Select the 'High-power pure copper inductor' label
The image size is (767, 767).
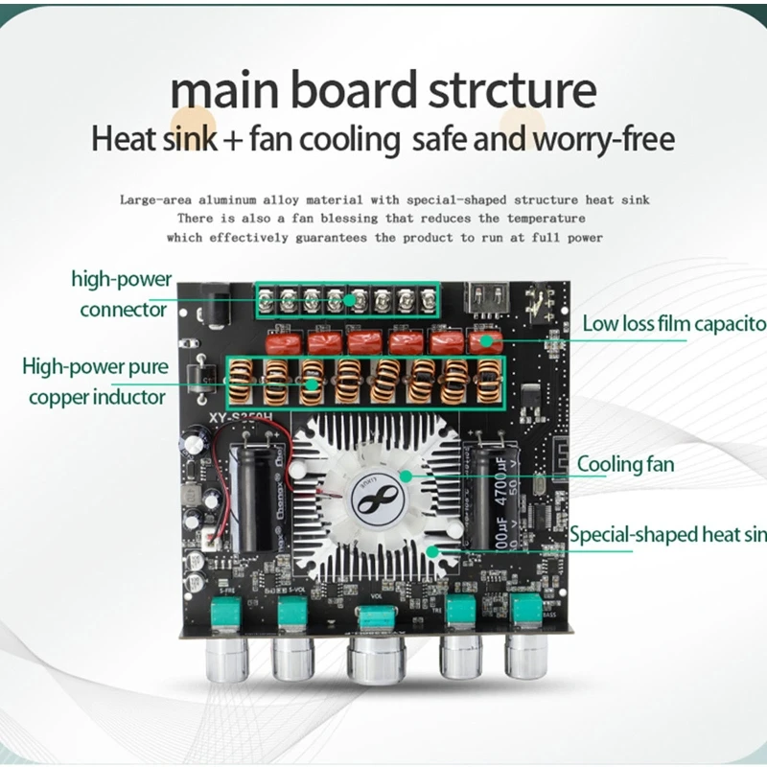96,381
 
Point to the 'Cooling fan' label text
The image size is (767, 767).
625,465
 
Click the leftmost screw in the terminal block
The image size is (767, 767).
266,302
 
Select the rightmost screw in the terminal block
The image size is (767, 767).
429,303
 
